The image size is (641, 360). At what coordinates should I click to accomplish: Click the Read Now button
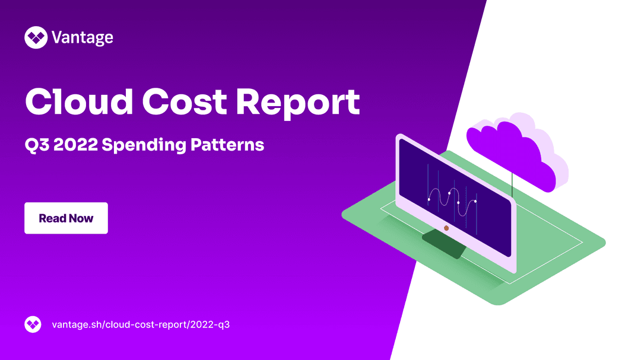coord(66,218)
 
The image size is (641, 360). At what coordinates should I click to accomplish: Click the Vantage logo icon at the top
coord(36,37)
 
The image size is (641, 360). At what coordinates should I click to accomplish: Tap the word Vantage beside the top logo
coord(82,38)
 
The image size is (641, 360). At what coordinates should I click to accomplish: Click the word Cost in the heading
coord(184,101)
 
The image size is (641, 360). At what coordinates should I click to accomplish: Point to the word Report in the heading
coord(298,103)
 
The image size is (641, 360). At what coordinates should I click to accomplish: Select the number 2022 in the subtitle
coord(75,145)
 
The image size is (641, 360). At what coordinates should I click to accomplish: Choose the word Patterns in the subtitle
coord(227,145)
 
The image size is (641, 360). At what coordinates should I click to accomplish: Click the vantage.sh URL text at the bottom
coord(141,324)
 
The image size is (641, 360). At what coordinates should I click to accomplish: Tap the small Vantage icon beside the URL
coord(33,324)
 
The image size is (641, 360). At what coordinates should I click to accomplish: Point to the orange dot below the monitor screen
coord(446,228)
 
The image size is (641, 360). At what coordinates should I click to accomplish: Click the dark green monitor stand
coord(444,244)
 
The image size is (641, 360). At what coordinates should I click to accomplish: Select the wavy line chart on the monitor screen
coord(452,200)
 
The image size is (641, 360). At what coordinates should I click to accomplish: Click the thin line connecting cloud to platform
coord(512,184)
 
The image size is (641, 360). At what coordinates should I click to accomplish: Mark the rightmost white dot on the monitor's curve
coord(475,202)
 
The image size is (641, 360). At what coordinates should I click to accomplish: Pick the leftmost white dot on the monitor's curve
coord(429,199)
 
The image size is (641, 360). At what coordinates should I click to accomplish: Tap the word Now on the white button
coord(81,219)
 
